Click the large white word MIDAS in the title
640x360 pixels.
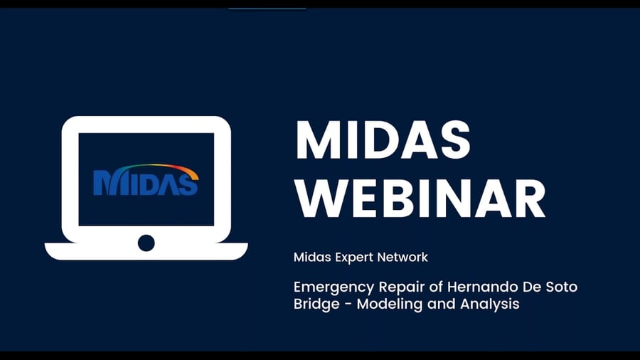383,139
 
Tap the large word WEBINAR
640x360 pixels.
420,198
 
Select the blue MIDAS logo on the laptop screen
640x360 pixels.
146,182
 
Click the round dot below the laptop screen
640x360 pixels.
146,243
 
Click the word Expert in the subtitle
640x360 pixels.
353,258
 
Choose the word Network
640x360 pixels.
402,257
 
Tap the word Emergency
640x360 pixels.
334,287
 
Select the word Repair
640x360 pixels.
402,287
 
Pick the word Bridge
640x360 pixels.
316,305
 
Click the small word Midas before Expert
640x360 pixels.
312,257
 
